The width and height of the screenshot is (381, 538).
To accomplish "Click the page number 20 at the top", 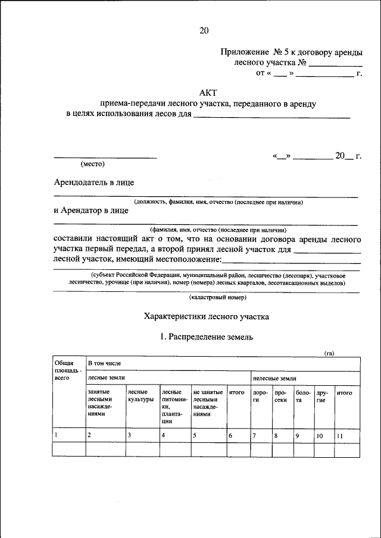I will [204, 30].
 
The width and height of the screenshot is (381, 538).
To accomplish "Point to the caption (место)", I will [92, 163].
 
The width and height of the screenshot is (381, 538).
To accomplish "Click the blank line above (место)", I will [105, 157].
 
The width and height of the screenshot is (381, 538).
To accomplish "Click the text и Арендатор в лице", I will [90, 210].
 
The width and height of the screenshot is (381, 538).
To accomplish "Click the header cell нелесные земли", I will [274, 377].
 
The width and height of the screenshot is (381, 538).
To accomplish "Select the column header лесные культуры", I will [140, 396].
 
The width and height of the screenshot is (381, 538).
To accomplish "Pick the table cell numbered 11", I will [339, 436].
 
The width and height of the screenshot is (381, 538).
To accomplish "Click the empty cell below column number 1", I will [68, 450].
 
